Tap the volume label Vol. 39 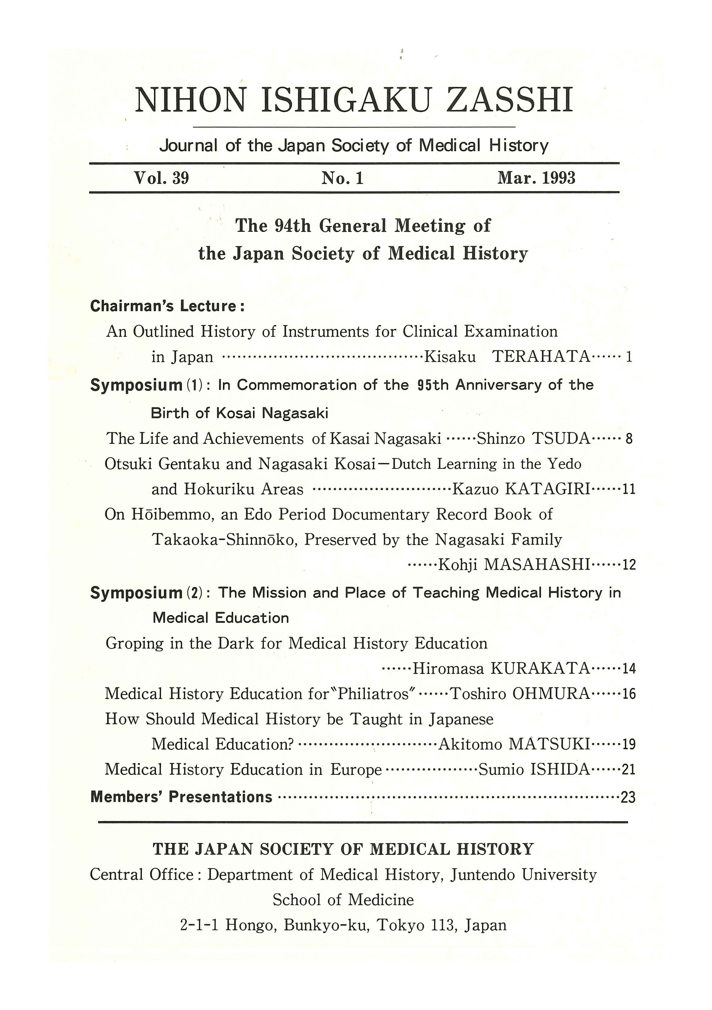coord(162,178)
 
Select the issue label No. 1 coord(342,178)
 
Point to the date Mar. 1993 coord(536,178)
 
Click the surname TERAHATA coord(541,356)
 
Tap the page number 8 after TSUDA coord(629,439)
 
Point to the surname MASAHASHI coord(537,564)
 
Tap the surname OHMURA coord(551,694)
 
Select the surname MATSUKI coord(549,744)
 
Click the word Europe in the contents coord(356,770)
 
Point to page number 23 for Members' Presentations coord(628,797)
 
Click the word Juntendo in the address coord(483,874)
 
